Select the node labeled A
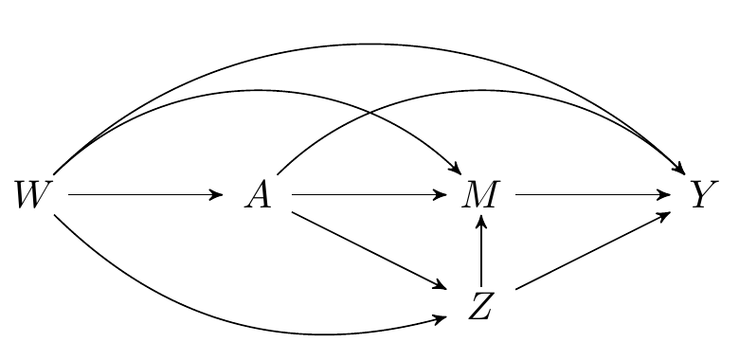point(258,195)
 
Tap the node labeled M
point(481,195)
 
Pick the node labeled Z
point(481,306)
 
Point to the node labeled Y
point(702,195)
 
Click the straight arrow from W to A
point(142,195)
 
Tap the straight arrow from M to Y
point(592,195)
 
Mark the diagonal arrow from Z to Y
point(592,250)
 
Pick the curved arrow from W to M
point(265,90)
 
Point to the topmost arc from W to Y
point(369,44)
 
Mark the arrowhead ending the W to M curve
point(456,171)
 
